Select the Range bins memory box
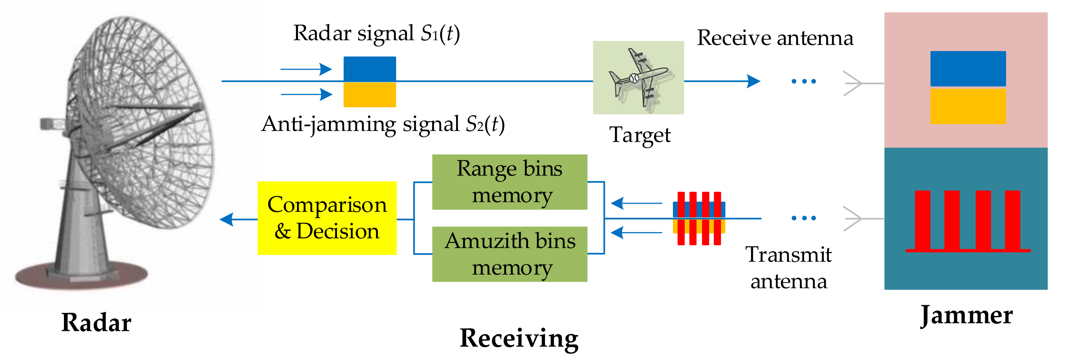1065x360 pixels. tap(509, 182)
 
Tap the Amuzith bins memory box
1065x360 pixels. tap(509, 254)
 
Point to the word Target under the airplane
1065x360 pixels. tap(640, 135)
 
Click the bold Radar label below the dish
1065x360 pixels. tap(96, 322)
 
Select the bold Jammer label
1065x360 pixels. tap(966, 315)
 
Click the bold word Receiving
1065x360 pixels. tap(519, 338)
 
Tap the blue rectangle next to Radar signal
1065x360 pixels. tap(370, 69)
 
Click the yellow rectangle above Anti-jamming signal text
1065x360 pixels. tap(370, 95)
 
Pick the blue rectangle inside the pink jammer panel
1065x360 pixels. tap(968, 69)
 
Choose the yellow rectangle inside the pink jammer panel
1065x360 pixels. tap(968, 106)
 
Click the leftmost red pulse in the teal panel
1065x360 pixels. tap(922, 220)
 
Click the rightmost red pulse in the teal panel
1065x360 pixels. tap(1012, 220)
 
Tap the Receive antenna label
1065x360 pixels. tap(775, 38)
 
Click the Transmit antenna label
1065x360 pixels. tap(788, 268)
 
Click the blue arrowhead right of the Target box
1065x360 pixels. tap(753, 81)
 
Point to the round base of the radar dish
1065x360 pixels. tap(82, 276)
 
